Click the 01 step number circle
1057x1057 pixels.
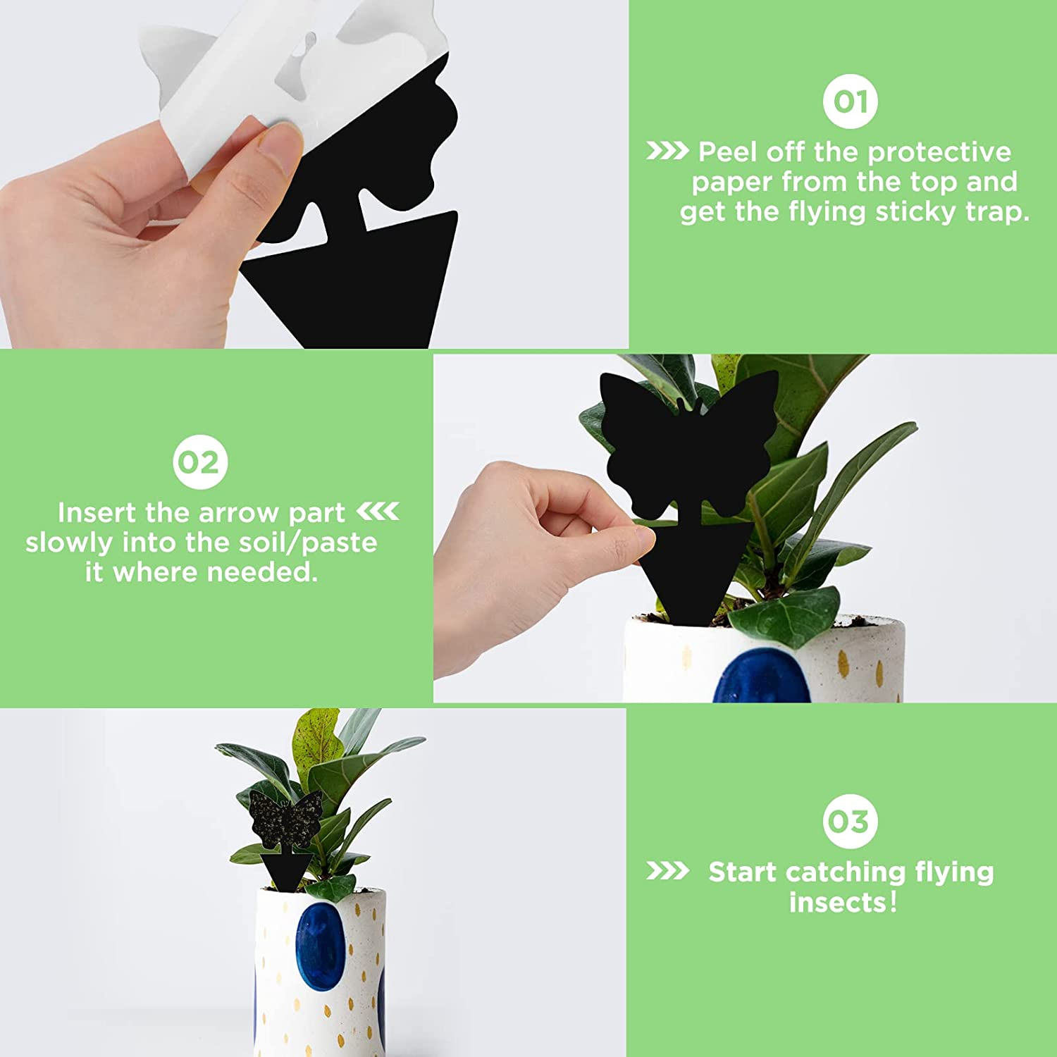point(850,101)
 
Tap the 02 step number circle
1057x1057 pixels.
point(200,462)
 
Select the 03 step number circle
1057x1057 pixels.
point(850,821)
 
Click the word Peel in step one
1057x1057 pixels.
point(727,152)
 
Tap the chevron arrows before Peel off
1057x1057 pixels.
point(667,151)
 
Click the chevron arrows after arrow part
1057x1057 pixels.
point(378,511)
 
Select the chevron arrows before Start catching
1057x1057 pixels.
point(667,871)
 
